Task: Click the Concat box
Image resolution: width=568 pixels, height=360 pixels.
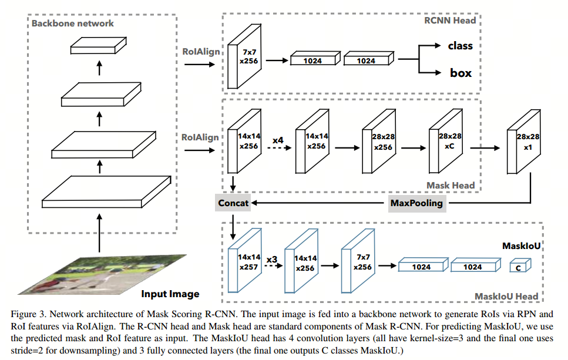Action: coord(233,203)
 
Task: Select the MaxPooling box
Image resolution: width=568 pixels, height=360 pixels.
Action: coord(416,203)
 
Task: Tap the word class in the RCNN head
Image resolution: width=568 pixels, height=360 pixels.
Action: coord(460,45)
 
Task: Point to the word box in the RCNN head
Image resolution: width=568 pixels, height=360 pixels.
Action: coord(461,73)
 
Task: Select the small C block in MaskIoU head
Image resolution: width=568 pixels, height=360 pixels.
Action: coord(520,267)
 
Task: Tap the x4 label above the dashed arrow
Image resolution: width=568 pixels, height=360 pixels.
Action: coord(278,141)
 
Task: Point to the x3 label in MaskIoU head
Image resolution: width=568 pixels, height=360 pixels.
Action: coord(271,259)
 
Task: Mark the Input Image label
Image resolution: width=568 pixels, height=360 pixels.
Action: coord(170,294)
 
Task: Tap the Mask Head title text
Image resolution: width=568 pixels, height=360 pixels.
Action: coord(451,185)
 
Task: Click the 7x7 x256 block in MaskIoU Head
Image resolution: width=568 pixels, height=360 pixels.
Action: coord(358,263)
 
